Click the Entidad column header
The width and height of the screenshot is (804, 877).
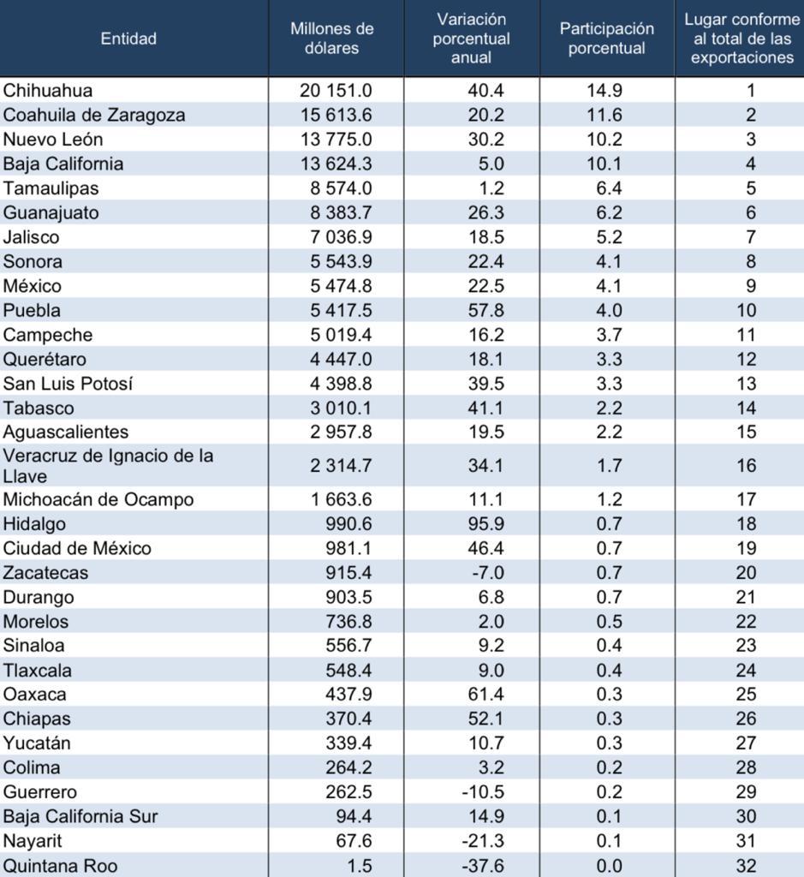click(x=128, y=39)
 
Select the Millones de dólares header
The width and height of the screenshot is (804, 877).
click(x=331, y=38)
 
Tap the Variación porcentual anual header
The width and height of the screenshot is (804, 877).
click(x=471, y=38)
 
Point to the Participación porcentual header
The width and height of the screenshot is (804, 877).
click(x=606, y=38)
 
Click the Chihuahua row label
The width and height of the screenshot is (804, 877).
click(x=48, y=90)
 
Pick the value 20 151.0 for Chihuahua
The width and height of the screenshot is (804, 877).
click(x=336, y=90)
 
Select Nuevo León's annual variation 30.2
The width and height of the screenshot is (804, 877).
click(x=485, y=140)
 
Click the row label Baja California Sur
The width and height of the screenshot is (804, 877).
click(x=80, y=816)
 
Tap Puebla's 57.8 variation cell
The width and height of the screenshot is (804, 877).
click(x=485, y=310)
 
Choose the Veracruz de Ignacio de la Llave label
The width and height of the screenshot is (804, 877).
click(x=108, y=466)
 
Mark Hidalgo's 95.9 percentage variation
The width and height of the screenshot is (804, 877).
click(x=485, y=524)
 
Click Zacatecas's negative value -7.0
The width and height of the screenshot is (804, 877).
click(x=483, y=573)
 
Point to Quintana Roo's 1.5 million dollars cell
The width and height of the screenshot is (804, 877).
click(x=360, y=865)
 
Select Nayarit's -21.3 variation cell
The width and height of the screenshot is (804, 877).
click(x=483, y=841)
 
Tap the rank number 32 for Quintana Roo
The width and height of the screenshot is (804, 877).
click(x=747, y=865)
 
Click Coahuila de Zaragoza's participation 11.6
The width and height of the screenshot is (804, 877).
click(x=604, y=115)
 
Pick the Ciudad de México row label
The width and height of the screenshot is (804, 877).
click(x=77, y=548)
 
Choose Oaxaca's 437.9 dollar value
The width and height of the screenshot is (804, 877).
click(x=348, y=694)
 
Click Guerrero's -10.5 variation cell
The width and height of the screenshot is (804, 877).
click(x=483, y=792)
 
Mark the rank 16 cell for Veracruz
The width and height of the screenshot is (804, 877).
click(x=747, y=465)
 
